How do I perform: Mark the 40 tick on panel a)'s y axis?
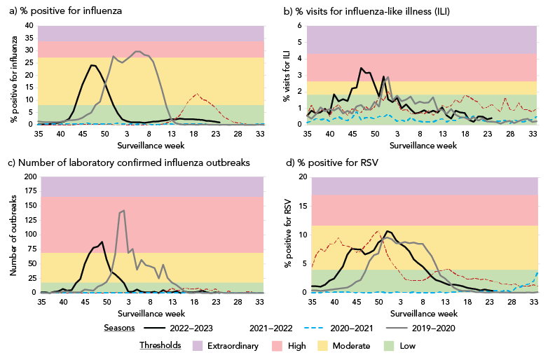[x=29, y=25]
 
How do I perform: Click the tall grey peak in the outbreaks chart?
[x=124, y=210]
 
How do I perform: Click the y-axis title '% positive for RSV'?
[x=288, y=235]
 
